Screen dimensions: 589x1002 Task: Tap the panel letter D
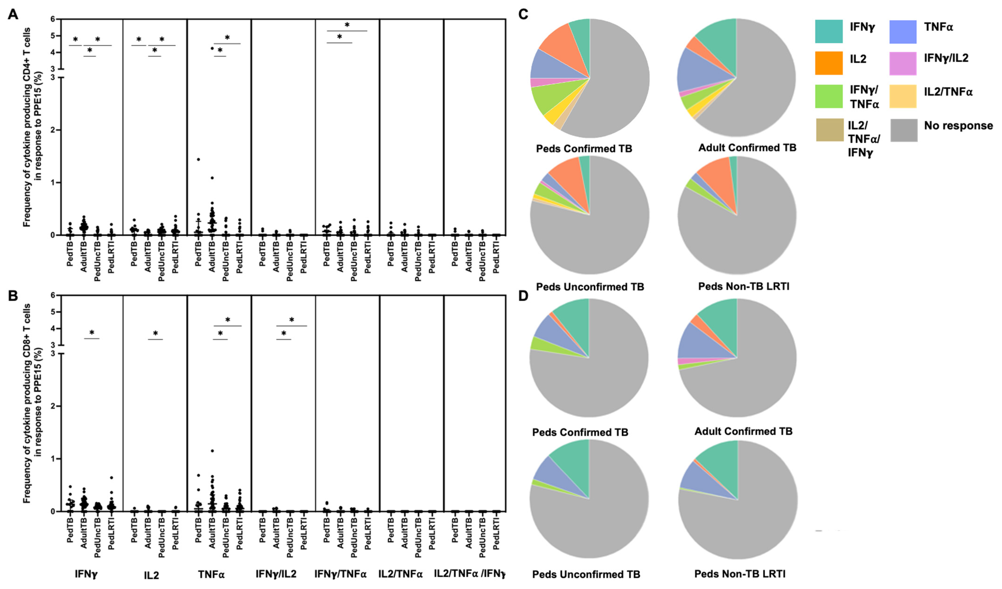click(523, 296)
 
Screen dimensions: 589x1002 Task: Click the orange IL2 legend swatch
click(829, 63)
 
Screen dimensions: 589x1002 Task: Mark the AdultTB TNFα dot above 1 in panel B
click(212, 451)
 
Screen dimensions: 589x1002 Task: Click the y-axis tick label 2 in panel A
click(53, 130)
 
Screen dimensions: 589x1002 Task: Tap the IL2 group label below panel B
click(151, 575)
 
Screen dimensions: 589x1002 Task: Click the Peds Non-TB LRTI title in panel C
click(744, 286)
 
